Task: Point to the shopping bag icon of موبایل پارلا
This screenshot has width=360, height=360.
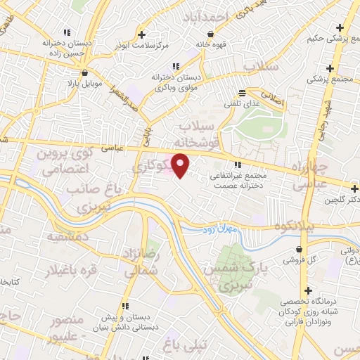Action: (84, 72)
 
